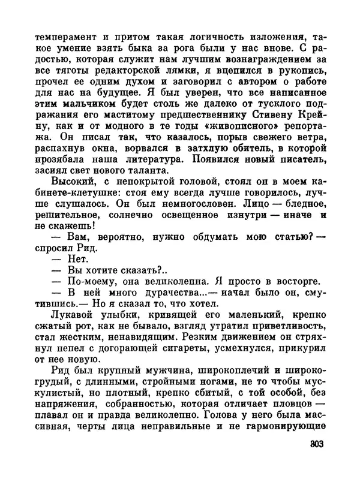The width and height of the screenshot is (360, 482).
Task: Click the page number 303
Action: coord(313,444)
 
